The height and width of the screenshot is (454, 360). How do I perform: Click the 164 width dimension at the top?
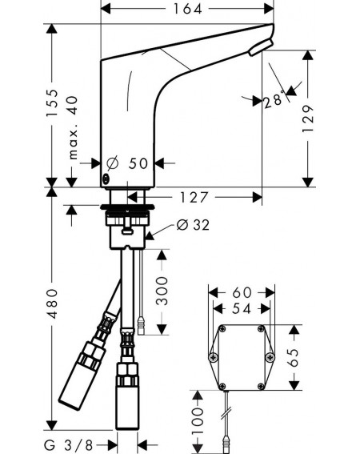point(187,9)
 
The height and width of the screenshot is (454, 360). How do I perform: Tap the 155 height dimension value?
point(52,103)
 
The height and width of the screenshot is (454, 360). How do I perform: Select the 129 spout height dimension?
point(308,119)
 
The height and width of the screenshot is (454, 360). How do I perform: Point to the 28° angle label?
point(273,100)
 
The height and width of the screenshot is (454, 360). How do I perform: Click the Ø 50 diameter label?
point(127,163)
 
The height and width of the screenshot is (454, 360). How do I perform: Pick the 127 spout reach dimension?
point(194,198)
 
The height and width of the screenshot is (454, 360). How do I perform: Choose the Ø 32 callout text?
point(193,225)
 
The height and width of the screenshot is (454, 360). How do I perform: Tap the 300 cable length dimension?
point(162,291)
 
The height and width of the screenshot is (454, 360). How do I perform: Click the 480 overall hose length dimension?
point(52,303)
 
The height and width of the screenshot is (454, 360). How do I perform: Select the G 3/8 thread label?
point(69,444)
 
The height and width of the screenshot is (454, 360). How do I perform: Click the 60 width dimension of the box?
point(242,293)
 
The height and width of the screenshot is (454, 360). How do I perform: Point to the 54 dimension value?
point(242,308)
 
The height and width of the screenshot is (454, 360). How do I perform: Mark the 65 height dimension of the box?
point(294,358)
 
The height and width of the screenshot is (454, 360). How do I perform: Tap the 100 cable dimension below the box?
point(198,420)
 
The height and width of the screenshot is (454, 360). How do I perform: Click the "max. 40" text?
point(73,127)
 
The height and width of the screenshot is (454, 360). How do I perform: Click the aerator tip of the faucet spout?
point(260,48)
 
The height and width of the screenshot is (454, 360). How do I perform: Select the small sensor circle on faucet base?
point(106,179)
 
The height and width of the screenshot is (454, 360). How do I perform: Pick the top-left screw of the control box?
point(222,328)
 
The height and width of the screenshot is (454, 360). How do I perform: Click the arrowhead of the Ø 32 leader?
point(150,236)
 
